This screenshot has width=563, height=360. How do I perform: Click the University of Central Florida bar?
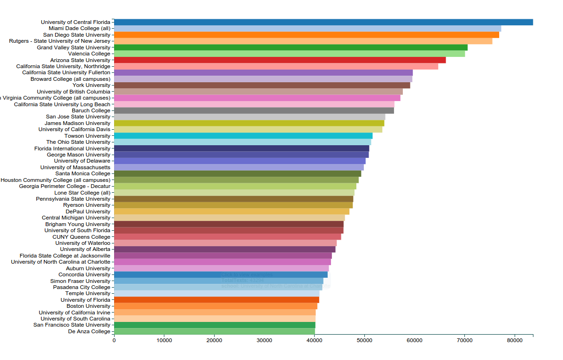(x=323, y=22)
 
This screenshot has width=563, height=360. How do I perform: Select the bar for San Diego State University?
(x=306, y=35)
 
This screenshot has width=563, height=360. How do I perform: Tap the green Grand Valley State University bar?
(x=291, y=47)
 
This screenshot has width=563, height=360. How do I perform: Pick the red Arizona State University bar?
(x=280, y=60)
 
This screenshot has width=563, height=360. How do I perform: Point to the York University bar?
(x=262, y=85)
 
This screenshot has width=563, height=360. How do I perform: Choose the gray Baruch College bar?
(x=254, y=110)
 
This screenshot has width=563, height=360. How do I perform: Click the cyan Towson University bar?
(x=243, y=136)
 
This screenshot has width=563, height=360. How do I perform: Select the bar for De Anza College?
(x=214, y=331)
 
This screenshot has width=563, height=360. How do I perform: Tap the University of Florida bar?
(x=216, y=300)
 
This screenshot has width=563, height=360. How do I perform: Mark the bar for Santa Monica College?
(x=238, y=173)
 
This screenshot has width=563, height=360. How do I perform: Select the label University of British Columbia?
(x=74, y=92)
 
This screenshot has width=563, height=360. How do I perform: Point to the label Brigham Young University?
(x=77, y=224)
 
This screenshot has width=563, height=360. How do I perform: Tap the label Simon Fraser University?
(x=80, y=281)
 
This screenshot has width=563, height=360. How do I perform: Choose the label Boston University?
(x=88, y=306)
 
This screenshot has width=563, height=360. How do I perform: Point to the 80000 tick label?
(x=514, y=340)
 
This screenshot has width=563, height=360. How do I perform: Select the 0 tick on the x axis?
(x=114, y=340)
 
